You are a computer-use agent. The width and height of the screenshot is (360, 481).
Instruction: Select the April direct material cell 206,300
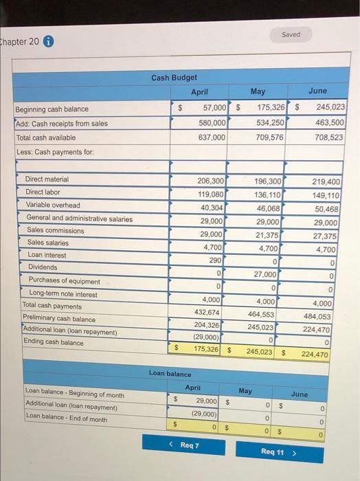[209, 180]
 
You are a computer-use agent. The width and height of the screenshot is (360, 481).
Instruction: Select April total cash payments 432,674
[207, 312]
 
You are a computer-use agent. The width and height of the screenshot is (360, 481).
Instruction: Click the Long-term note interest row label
[64, 293]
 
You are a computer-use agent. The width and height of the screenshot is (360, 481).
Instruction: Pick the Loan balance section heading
[170, 373]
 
